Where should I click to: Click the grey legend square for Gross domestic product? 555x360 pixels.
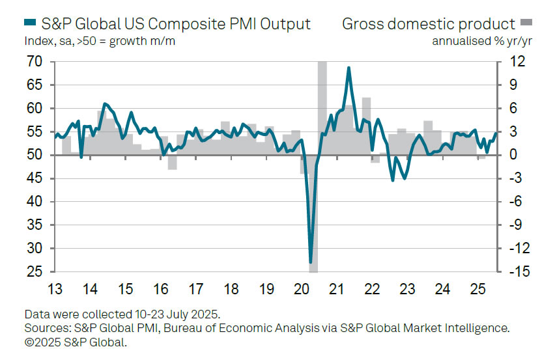pyautogui.click(x=526, y=24)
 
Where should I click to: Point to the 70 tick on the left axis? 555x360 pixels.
pyautogui.click(x=35, y=62)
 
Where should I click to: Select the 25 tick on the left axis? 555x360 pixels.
pyautogui.click(x=35, y=272)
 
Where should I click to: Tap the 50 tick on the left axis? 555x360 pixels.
pyautogui.click(x=35, y=155)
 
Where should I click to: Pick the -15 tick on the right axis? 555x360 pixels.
pyautogui.click(x=513, y=272)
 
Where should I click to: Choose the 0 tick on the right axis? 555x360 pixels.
pyautogui.click(x=513, y=155)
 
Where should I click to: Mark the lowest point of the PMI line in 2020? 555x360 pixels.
pyautogui.click(x=311, y=262)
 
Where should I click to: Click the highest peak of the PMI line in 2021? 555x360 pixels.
pyautogui.click(x=349, y=68)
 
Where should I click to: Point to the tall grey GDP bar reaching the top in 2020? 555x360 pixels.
pyautogui.click(x=322, y=98)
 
